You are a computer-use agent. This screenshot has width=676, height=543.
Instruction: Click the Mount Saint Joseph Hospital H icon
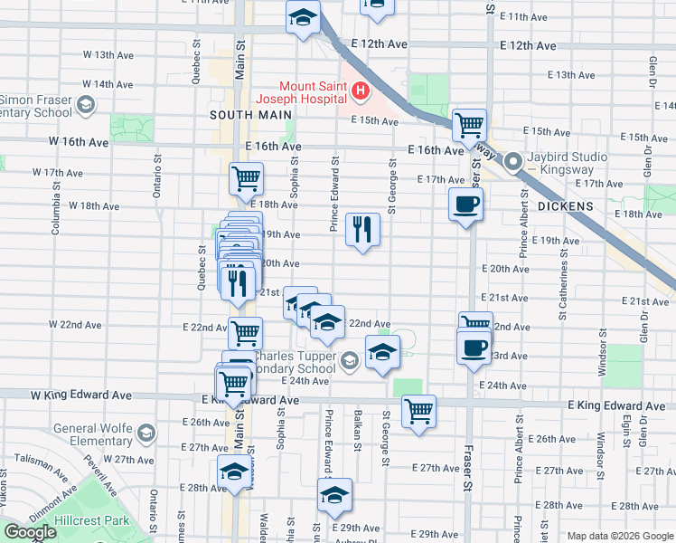click(x=361, y=90)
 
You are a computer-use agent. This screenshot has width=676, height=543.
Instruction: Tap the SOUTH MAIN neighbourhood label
click(x=251, y=115)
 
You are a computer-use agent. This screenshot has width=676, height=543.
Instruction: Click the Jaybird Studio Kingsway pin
click(x=513, y=164)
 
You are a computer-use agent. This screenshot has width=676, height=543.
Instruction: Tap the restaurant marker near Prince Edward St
click(x=362, y=229)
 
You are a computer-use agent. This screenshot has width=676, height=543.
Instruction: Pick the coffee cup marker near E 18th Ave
click(x=466, y=205)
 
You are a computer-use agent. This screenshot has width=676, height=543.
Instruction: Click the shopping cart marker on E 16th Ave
click(x=468, y=125)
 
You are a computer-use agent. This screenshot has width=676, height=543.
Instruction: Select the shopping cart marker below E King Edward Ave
click(x=418, y=411)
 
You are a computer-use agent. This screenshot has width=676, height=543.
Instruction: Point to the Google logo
click(x=30, y=532)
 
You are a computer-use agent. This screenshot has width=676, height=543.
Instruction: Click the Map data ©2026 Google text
click(x=620, y=536)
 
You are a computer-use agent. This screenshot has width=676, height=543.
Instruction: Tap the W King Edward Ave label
click(x=81, y=395)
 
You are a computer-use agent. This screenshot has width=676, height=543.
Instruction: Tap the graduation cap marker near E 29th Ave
click(x=334, y=495)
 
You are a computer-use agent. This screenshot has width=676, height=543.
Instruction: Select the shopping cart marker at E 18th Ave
click(x=246, y=178)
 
